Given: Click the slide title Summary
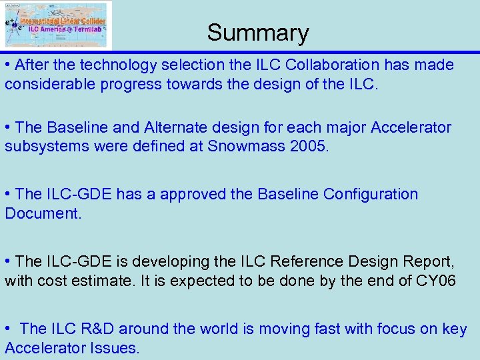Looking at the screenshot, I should click(x=258, y=33).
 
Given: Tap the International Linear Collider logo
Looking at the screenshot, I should click(x=57, y=25).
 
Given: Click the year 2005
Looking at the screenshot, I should click(x=309, y=146).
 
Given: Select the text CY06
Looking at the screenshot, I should click(x=436, y=281).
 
